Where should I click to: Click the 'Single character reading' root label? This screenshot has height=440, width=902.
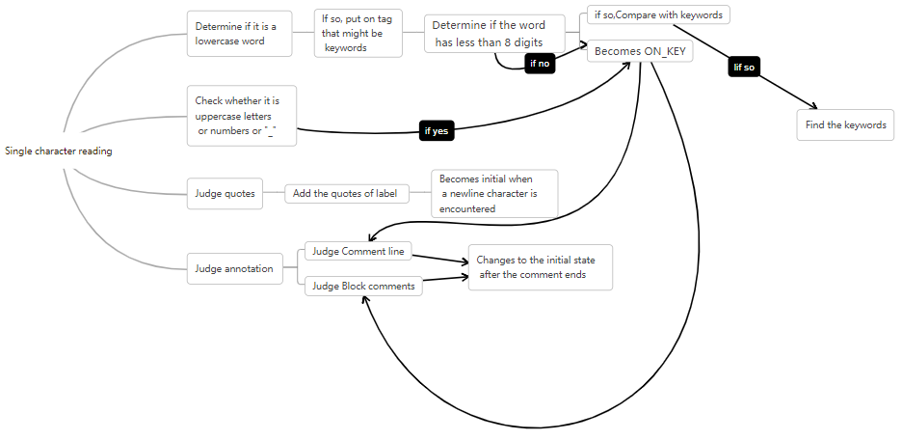click(x=59, y=151)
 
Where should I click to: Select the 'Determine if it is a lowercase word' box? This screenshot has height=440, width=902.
click(x=239, y=34)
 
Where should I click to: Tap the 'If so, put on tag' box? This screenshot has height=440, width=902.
click(x=358, y=34)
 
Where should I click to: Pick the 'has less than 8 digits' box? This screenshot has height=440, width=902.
click(x=494, y=34)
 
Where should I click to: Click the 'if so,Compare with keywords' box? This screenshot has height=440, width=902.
click(x=658, y=15)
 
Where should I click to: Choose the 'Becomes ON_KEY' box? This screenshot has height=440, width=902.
click(x=640, y=51)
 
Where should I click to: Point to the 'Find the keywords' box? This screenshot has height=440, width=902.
click(x=845, y=125)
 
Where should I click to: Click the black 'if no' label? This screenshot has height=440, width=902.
click(x=540, y=64)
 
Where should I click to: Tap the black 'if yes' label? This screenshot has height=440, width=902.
click(x=436, y=131)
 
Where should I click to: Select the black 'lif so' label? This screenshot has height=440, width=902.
click(x=744, y=68)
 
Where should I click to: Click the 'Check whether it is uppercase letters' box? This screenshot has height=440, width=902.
click(x=242, y=116)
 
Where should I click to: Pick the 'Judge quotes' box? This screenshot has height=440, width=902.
click(x=225, y=194)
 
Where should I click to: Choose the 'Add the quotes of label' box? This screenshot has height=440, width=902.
click(x=347, y=194)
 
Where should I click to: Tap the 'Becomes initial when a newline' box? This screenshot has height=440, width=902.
click(x=494, y=194)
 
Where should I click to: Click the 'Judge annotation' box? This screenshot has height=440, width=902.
click(x=235, y=268)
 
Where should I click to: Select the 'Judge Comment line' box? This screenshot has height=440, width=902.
click(x=358, y=251)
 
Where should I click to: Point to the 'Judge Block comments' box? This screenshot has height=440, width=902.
click(x=363, y=287)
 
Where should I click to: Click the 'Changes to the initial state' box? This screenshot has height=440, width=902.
click(x=541, y=267)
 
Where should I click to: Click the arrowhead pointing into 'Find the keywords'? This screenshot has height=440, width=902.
click(x=813, y=105)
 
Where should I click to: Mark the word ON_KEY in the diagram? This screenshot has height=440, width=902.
click(x=665, y=51)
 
